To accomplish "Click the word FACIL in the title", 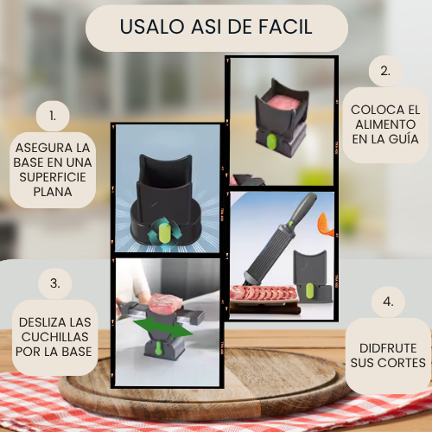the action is pyautogui.click(x=285, y=27).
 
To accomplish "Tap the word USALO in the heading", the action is pyautogui.click(x=152, y=27).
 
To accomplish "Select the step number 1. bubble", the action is pyautogui.click(x=53, y=116).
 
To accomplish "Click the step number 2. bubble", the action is pyautogui.click(x=385, y=71).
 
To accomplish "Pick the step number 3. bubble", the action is pyautogui.click(x=55, y=283).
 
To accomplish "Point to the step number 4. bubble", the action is pyautogui.click(x=388, y=302).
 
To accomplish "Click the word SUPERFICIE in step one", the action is pyautogui.click(x=53, y=177).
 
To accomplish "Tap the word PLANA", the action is pyautogui.click(x=53, y=192).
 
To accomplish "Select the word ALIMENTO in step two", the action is pyautogui.click(x=385, y=124).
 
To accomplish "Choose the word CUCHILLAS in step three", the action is pyautogui.click(x=55, y=337).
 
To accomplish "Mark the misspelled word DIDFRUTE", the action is pyautogui.click(x=388, y=348).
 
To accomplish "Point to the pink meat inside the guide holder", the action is pyautogui.click(x=283, y=102).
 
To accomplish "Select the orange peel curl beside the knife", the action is pyautogui.click(x=326, y=225).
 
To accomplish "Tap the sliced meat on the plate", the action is pyautogui.click(x=264, y=293).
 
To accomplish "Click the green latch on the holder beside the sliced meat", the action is pyautogui.click(x=309, y=290).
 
